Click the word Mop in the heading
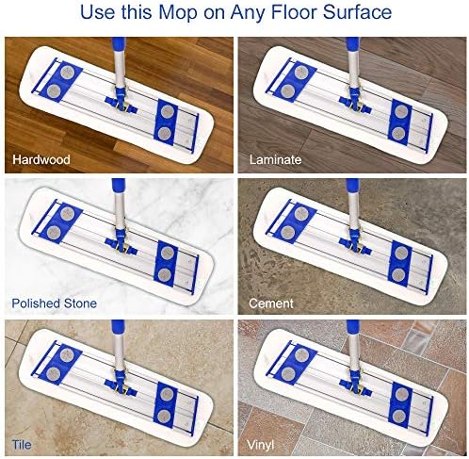click(x=178, y=12)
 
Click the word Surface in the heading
click(x=357, y=12)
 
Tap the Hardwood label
click(x=41, y=159)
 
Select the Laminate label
click(x=275, y=159)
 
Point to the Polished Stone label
click(x=54, y=303)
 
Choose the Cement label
click(x=271, y=303)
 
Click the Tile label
click(x=22, y=445)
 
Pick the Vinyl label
click(x=260, y=445)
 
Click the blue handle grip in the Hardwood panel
click(x=119, y=44)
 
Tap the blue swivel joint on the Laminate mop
click(x=355, y=101)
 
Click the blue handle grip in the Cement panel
click(x=353, y=186)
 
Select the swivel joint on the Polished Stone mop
click(x=121, y=242)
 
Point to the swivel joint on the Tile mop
click(x=121, y=384)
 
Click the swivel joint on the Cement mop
click(x=355, y=242)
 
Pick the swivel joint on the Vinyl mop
click(x=355, y=384)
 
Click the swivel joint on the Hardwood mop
click(x=121, y=101)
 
